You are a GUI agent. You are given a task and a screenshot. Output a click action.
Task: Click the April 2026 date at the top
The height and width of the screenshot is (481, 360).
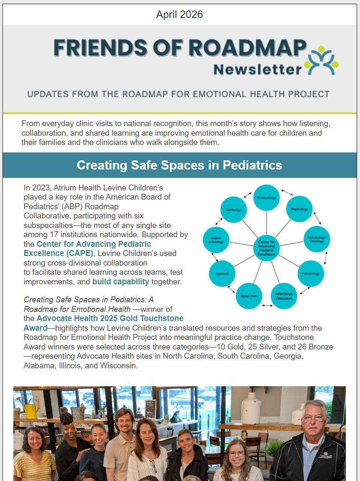(179, 15)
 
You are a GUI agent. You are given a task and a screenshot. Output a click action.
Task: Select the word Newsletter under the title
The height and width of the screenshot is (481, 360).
(257, 69)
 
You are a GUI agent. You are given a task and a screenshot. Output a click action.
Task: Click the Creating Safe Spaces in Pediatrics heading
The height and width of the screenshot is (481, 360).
(179, 165)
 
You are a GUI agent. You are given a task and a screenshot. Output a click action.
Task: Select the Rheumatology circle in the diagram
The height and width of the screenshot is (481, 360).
(267, 197)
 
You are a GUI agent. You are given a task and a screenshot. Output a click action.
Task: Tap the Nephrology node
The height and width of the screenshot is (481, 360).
(299, 209)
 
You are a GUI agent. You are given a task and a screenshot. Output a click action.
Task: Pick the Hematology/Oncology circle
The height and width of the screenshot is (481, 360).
(317, 239)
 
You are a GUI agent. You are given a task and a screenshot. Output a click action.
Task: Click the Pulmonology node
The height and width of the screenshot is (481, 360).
(311, 273)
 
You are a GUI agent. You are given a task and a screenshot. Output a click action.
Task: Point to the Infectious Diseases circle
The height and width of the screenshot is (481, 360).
(284, 296)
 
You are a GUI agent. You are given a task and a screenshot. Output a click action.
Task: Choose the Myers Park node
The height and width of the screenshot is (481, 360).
(249, 296)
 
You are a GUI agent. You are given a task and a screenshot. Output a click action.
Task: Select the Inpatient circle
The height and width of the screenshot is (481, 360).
(222, 273)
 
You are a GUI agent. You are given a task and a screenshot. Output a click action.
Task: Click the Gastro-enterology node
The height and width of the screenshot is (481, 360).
(216, 240)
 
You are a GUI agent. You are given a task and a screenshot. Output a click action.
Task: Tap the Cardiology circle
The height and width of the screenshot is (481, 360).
(234, 210)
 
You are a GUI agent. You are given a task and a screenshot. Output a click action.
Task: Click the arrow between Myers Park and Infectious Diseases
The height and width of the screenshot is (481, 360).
(267, 306)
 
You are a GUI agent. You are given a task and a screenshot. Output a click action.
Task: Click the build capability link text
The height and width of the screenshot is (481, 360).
(121, 282)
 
